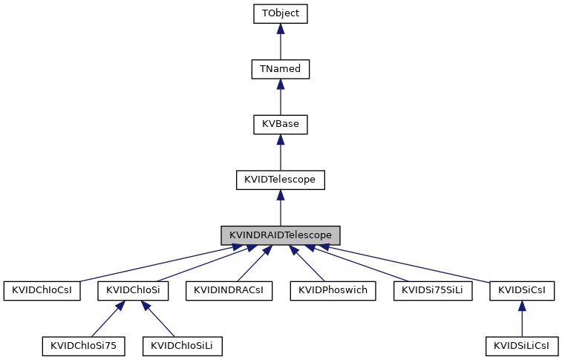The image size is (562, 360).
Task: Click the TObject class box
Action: [x=280, y=14]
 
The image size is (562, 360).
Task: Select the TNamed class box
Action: [x=280, y=69]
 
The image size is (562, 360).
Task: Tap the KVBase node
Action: [x=280, y=124]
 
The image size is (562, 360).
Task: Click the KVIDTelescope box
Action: [x=280, y=180]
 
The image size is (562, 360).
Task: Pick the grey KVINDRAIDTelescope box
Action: [x=280, y=235]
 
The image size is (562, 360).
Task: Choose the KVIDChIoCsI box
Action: [x=41, y=290]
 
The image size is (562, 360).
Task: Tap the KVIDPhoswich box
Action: [x=333, y=290]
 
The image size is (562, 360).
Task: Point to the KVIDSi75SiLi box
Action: [x=432, y=290]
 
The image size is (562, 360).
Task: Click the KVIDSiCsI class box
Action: [x=522, y=290]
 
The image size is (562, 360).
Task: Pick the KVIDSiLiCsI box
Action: [x=522, y=345]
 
